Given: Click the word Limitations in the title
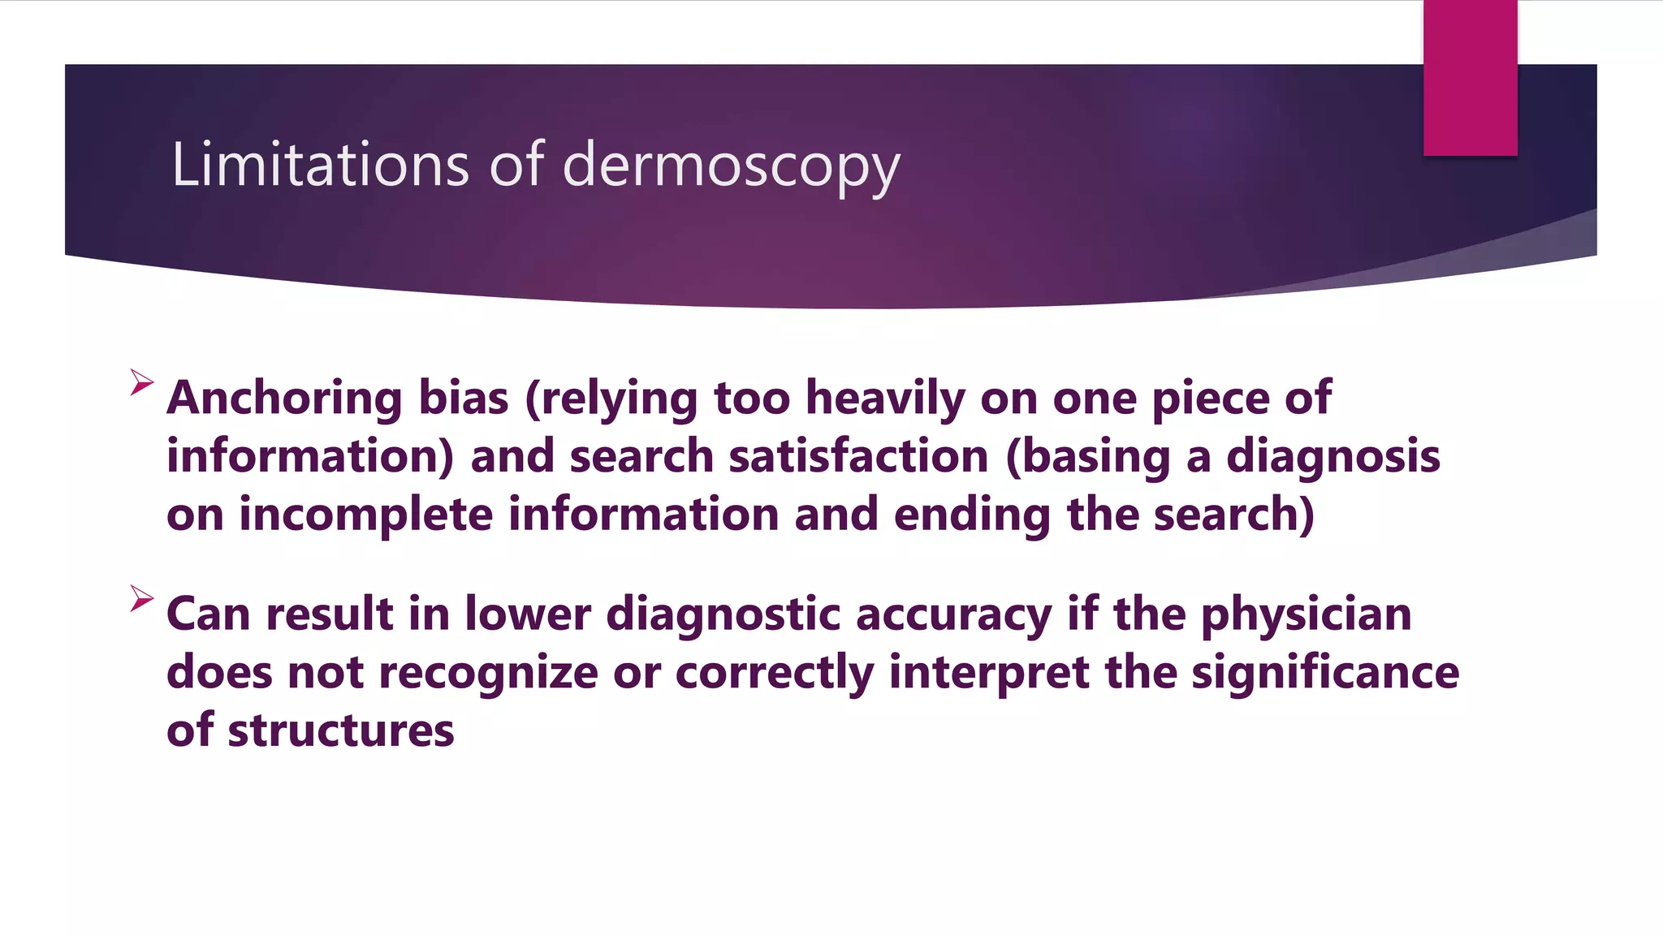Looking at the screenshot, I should coord(320,165).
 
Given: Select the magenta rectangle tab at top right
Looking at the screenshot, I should coord(1470,78).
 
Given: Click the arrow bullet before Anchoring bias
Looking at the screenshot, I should coord(141,382).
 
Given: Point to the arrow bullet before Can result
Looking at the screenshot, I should coord(141,599).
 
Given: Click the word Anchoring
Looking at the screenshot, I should coord(284,399).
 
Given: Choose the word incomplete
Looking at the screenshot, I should coord(365,515).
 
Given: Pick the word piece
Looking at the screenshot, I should coord(1210,399).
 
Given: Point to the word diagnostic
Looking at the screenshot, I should coord(723,614).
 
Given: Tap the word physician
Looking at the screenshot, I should coord(1306,614).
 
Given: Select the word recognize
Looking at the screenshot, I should coord(488,673).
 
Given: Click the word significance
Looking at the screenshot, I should coord(1324,673).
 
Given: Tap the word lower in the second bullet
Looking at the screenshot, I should coord(528,614).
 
